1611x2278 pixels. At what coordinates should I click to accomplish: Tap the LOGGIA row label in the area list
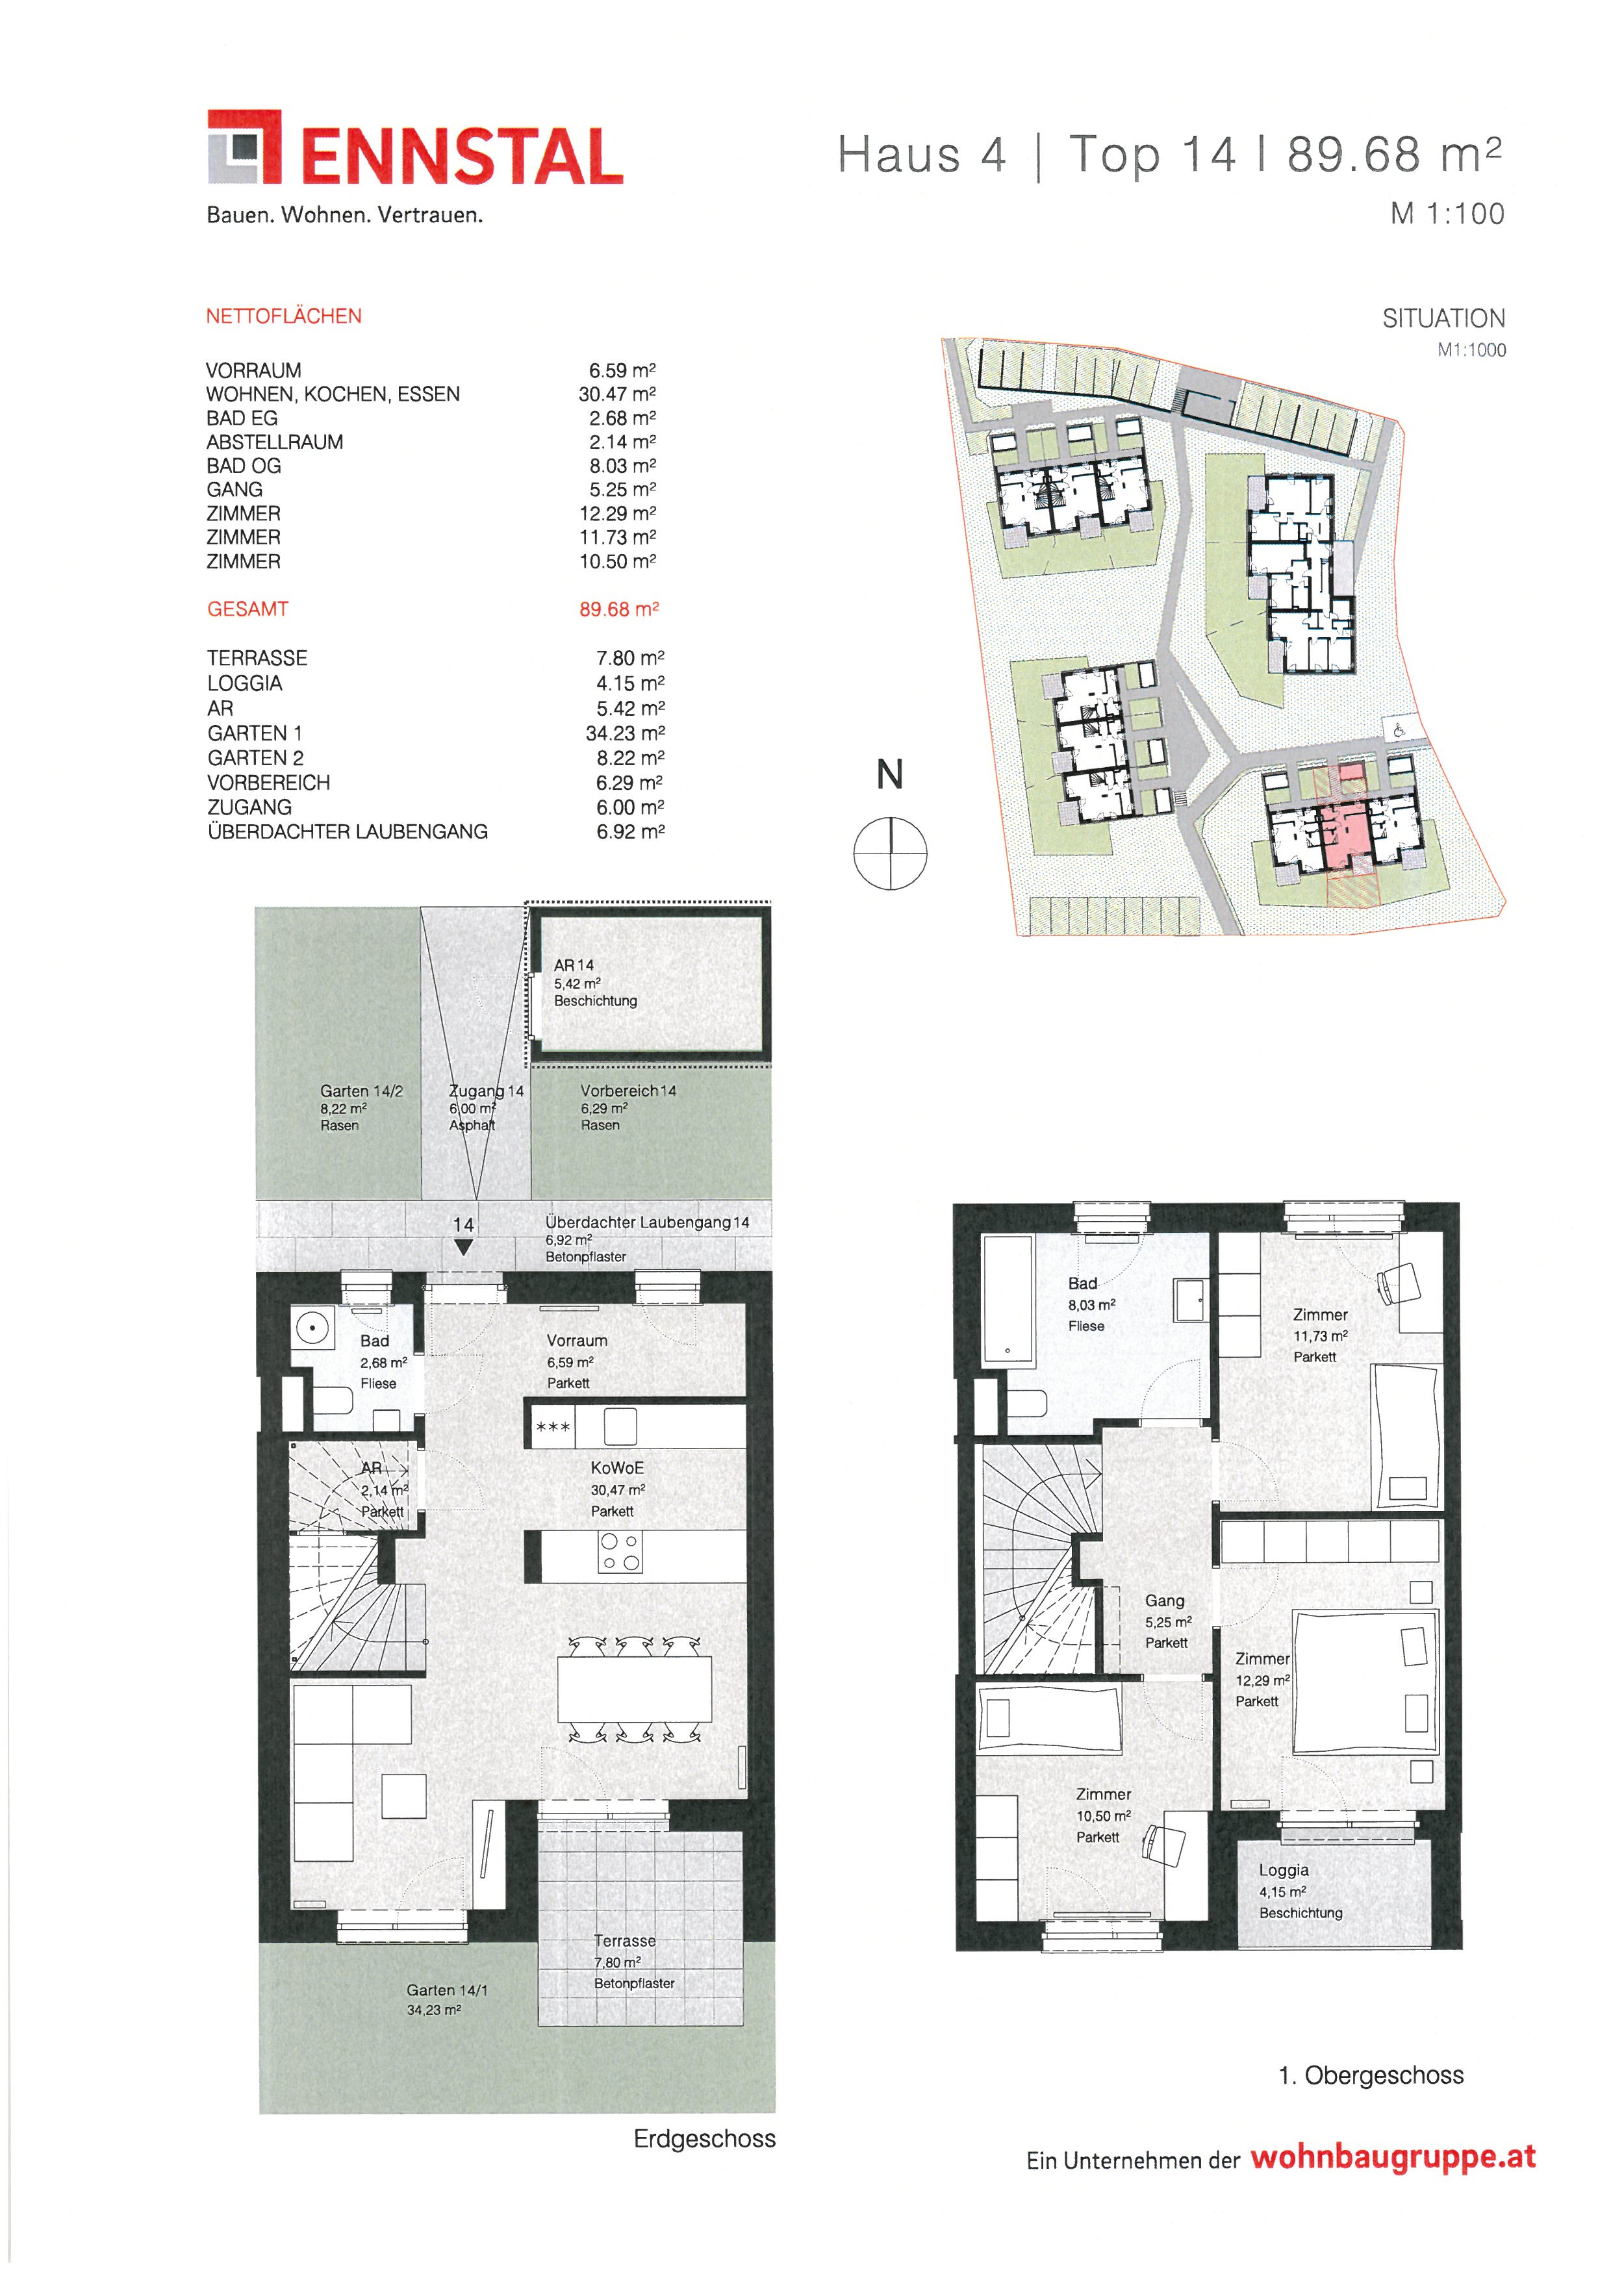coord(245,683)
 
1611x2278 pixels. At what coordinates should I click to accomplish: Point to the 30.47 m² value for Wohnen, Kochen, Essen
coord(617,394)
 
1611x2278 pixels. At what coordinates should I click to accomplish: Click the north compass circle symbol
coord(890,854)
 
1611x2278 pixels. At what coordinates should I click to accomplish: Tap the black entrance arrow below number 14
coord(463,1249)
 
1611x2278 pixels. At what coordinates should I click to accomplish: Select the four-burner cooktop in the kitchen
coord(620,1552)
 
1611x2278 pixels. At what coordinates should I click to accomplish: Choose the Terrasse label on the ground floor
coord(625,1941)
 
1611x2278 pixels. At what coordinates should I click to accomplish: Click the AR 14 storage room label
coord(574,965)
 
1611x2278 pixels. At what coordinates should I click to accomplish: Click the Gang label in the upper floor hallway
coord(1165,1601)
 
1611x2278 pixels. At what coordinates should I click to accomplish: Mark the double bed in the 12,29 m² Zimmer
coord(1365,1683)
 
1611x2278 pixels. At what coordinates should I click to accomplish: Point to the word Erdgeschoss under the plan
coord(704,2139)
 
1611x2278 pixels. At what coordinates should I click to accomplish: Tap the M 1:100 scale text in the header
coord(1447,213)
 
